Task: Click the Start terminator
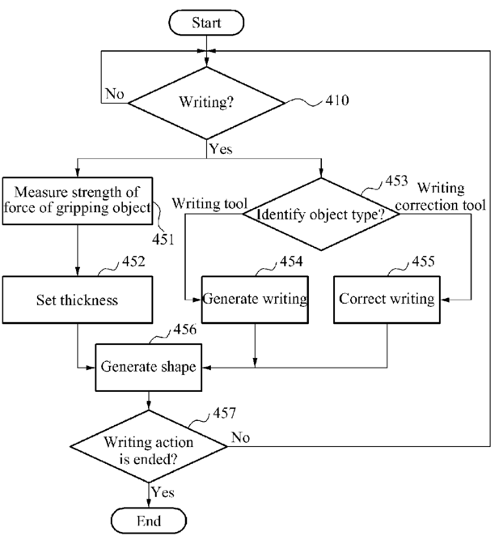[x=206, y=23]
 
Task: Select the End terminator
[x=149, y=521]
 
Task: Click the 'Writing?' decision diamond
[x=206, y=103]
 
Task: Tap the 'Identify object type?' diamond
[x=321, y=215]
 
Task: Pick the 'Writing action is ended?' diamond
[x=149, y=446]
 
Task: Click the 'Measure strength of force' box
[x=78, y=201]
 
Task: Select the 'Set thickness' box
[x=78, y=300]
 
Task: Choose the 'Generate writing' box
[x=255, y=300]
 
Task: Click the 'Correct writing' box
[x=387, y=300]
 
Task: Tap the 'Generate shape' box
[x=149, y=368]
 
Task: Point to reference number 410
[x=337, y=100]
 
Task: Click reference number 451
[x=163, y=240]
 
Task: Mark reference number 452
[x=133, y=262]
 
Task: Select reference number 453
[x=396, y=181]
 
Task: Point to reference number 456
[x=184, y=330]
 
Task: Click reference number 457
[x=224, y=413]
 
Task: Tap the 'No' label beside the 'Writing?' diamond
[x=114, y=93]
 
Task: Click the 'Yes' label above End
[x=163, y=492]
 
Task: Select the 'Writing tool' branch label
[x=209, y=203]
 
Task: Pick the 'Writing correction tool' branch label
[x=441, y=197]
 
